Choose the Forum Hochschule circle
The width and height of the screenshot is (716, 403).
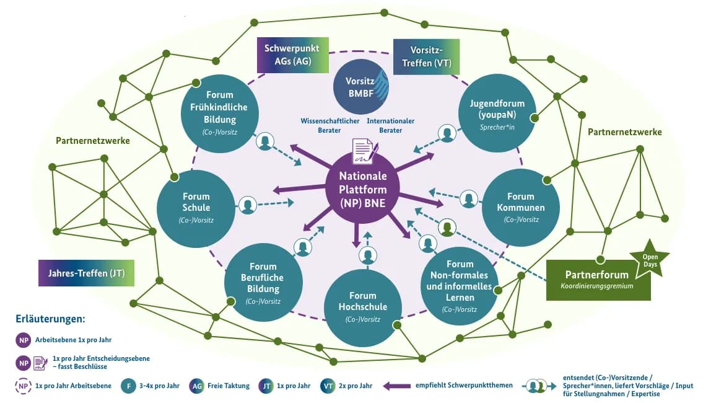[363, 307]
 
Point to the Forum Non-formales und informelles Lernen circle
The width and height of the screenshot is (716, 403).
[460, 286]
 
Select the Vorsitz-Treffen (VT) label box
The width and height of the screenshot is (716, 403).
[426, 56]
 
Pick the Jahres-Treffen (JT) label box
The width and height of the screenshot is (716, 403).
[86, 273]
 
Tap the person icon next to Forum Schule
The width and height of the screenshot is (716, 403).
[248, 205]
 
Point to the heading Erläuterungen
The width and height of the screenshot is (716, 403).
[50, 319]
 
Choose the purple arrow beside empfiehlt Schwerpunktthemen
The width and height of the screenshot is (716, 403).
[399, 386]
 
